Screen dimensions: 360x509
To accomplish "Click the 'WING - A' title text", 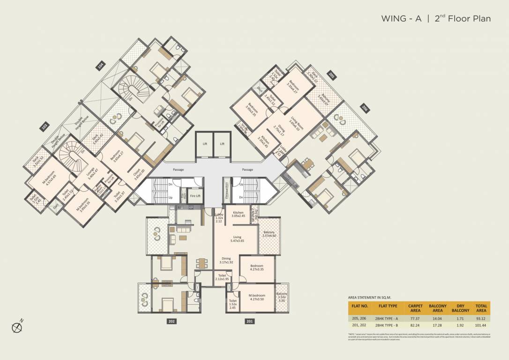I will (x=401, y=19).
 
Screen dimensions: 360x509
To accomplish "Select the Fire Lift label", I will (x=195, y=195).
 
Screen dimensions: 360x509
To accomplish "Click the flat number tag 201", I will (x=249, y=321).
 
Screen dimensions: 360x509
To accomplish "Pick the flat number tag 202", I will (x=171, y=321).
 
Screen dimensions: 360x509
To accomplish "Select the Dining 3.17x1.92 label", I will (x=226, y=261).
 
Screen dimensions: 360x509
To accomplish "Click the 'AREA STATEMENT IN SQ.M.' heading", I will (x=369, y=297).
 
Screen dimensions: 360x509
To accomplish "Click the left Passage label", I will (x=178, y=170).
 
